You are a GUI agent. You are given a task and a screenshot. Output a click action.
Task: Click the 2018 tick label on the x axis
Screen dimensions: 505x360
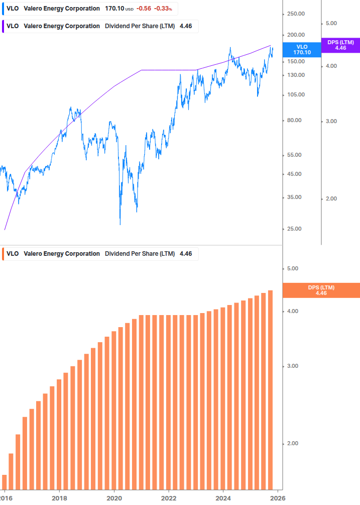[x=59, y=497]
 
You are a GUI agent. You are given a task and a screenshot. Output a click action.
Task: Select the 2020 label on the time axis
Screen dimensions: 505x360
[x=114, y=497]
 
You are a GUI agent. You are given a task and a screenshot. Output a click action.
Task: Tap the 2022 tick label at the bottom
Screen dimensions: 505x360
[x=169, y=497]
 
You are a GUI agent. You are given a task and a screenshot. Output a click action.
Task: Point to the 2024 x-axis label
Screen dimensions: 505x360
[x=223, y=497]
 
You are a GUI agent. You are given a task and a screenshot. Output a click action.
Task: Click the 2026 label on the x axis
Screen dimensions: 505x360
[x=278, y=497]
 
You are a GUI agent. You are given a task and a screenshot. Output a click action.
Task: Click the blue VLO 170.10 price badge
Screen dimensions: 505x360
[x=302, y=49]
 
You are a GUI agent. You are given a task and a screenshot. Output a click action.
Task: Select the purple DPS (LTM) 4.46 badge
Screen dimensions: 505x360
[x=340, y=45]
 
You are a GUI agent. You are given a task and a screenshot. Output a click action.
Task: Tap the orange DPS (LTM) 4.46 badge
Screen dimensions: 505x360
[x=321, y=290]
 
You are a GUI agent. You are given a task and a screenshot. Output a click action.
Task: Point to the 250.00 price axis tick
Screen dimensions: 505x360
[x=295, y=14]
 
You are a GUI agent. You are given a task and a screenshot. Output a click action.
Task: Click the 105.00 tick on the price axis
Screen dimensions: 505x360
[x=295, y=94]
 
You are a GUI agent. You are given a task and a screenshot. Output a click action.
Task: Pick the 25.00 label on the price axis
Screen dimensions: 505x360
[x=295, y=229]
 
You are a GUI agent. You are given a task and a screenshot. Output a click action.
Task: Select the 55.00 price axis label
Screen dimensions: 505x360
[x=295, y=155]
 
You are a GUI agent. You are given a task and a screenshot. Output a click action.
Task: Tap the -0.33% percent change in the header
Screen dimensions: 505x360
[x=162, y=9]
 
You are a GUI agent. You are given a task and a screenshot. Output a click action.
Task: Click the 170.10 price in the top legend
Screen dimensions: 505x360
[x=114, y=9]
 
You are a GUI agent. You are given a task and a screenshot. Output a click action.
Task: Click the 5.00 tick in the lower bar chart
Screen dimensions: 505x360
[x=292, y=269]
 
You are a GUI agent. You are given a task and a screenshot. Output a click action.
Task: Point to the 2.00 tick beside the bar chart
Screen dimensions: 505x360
[x=292, y=444]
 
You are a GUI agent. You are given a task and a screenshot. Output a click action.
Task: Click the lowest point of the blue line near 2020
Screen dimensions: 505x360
[x=120, y=224]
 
